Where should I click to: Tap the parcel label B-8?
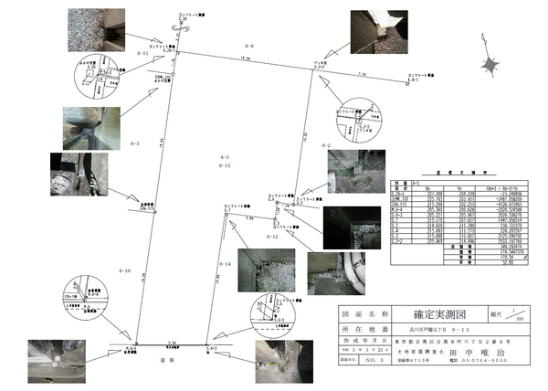point(249,45)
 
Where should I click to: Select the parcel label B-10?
point(126,270)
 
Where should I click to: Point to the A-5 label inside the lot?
point(224,158)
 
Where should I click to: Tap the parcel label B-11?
point(142,54)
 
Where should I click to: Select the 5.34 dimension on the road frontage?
point(172,343)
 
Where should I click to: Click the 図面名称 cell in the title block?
point(356,311)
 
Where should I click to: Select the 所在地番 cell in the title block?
point(356,325)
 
